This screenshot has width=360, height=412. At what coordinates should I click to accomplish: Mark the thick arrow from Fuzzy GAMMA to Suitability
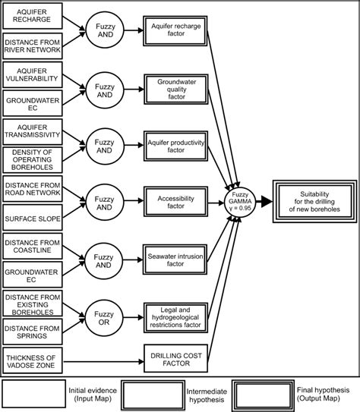click(x=266, y=202)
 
